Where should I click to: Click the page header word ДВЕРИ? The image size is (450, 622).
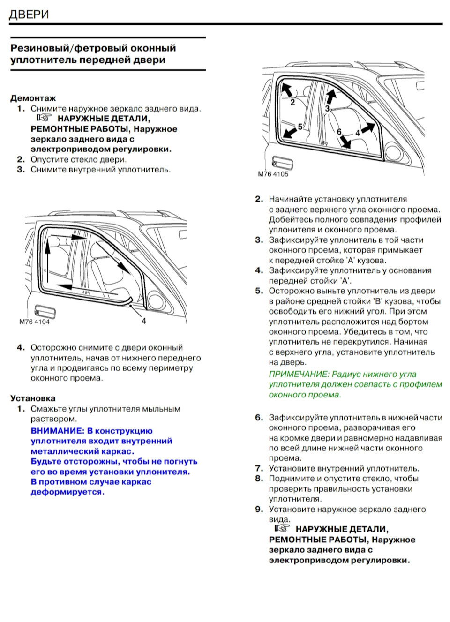pyautogui.click(x=29, y=15)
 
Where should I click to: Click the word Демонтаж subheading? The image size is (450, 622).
pyautogui.click(x=33, y=98)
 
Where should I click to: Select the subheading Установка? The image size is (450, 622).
pyautogui.click(x=33, y=398)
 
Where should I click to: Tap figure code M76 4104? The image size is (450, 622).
pyautogui.click(x=34, y=322)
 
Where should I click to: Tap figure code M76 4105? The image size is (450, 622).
pyautogui.click(x=273, y=174)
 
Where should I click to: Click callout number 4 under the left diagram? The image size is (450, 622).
pyautogui.click(x=144, y=321)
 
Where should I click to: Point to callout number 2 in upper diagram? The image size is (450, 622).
pyautogui.click(x=292, y=102)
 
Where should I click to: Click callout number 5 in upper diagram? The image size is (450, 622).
pyautogui.click(x=300, y=127)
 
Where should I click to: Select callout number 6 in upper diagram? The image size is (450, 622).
pyautogui.click(x=339, y=132)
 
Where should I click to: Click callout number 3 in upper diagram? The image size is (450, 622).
pyautogui.click(x=327, y=109)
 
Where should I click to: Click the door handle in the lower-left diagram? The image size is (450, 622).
pyautogui.click(x=45, y=311)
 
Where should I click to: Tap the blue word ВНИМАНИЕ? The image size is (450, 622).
pyautogui.click(x=57, y=431)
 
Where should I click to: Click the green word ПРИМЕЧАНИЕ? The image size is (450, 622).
pyautogui.click(x=299, y=374)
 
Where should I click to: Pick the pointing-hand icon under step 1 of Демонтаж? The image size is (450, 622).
pyautogui.click(x=44, y=118)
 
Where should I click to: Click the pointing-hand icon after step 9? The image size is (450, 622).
pyautogui.click(x=282, y=528)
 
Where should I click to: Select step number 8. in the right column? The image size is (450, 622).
pyautogui.click(x=259, y=479)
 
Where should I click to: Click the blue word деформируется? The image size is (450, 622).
pyautogui.click(x=67, y=492)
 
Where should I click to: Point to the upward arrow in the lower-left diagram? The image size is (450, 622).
pyautogui.click(x=47, y=258)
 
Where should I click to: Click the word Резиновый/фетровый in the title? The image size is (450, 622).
pyautogui.click(x=69, y=48)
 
